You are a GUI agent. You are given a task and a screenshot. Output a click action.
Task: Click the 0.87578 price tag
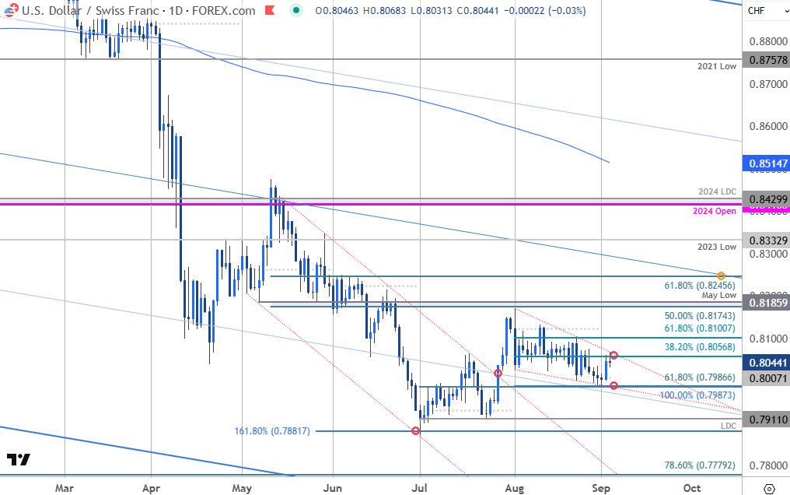tap(764, 60)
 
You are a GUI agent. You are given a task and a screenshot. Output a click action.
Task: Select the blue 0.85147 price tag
tap(764, 164)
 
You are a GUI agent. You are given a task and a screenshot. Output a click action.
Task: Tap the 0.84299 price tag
tap(764, 199)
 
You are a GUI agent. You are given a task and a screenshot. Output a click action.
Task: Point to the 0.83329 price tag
tap(764, 240)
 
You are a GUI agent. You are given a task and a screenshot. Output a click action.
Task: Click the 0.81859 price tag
tap(764, 302)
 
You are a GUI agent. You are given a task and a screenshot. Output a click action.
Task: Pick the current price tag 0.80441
tap(764, 362)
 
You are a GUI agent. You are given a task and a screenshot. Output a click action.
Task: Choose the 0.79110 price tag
tap(764, 419)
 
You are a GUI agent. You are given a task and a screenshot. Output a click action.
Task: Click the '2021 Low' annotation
tap(718, 67)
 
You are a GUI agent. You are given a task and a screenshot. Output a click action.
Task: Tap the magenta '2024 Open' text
tap(715, 211)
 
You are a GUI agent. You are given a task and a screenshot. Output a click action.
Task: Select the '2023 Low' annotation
tap(718, 247)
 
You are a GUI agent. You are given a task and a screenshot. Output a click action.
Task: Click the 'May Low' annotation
tap(719, 295)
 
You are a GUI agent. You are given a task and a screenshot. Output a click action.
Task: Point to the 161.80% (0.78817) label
tap(272, 430)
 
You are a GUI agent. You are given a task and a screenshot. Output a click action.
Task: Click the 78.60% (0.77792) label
tap(699, 465)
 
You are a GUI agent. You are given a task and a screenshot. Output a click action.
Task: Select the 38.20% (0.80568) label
tap(699, 348)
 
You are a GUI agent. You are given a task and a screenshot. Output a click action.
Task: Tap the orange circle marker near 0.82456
tap(722, 276)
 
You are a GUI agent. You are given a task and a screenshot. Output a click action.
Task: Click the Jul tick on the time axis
tap(420, 486)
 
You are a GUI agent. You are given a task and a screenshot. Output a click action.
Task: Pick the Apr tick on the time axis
tap(152, 486)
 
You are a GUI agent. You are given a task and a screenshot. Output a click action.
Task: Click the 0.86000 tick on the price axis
tap(764, 126)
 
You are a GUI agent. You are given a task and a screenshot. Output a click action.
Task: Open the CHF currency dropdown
tap(764, 10)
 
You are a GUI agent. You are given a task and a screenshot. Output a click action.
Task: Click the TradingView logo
tap(19, 459)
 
